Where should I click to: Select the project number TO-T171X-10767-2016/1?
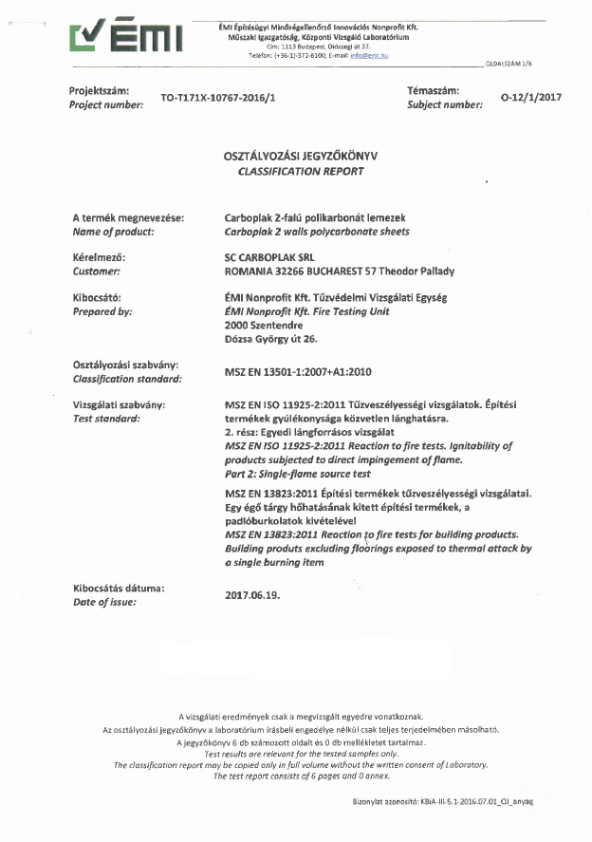(217, 98)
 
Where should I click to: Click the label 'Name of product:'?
(113, 232)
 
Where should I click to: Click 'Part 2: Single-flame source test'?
(297, 473)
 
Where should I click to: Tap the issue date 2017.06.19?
(252, 595)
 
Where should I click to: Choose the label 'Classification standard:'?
(127, 378)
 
